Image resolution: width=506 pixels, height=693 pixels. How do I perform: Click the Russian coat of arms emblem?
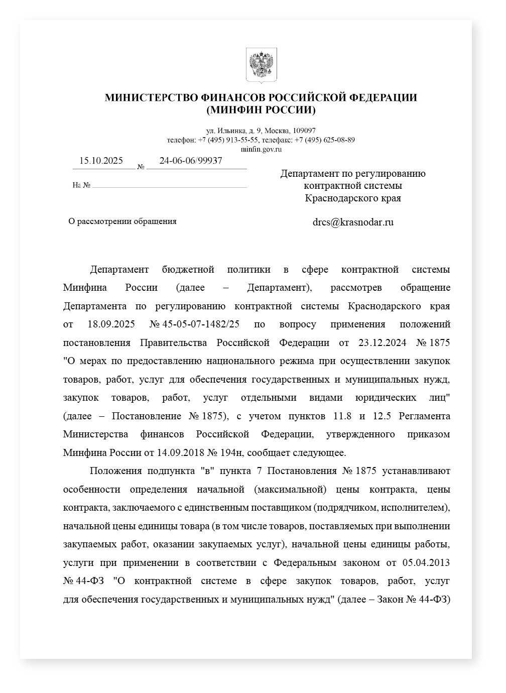(261, 65)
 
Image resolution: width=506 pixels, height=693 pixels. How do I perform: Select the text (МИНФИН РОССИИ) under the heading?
(261, 109)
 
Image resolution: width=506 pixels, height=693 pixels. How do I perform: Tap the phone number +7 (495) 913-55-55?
(228, 140)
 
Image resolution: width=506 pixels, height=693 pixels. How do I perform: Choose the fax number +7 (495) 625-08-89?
(324, 140)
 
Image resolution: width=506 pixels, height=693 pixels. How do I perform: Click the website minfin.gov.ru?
(261, 149)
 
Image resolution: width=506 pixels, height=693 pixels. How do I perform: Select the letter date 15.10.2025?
(101, 161)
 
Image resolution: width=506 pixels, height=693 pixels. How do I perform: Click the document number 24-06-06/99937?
(191, 161)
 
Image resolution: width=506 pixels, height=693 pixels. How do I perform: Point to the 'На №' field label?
(81, 185)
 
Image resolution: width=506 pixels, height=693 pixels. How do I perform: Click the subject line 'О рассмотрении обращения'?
(122, 221)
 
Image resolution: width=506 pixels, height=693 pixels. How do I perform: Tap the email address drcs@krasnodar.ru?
(353, 222)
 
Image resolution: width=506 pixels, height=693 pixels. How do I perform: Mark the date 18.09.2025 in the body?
(111, 324)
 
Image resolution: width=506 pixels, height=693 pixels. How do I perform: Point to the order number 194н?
(232, 452)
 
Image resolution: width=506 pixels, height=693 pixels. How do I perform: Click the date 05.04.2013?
(426, 562)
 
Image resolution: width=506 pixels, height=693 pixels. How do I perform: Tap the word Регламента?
(425, 416)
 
